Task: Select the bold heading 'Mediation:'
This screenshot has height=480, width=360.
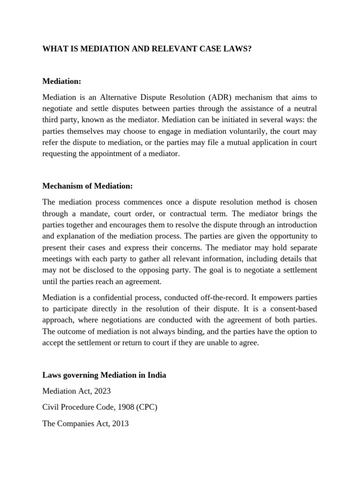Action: click(62, 82)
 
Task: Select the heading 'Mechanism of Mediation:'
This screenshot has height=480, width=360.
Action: click(88, 186)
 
